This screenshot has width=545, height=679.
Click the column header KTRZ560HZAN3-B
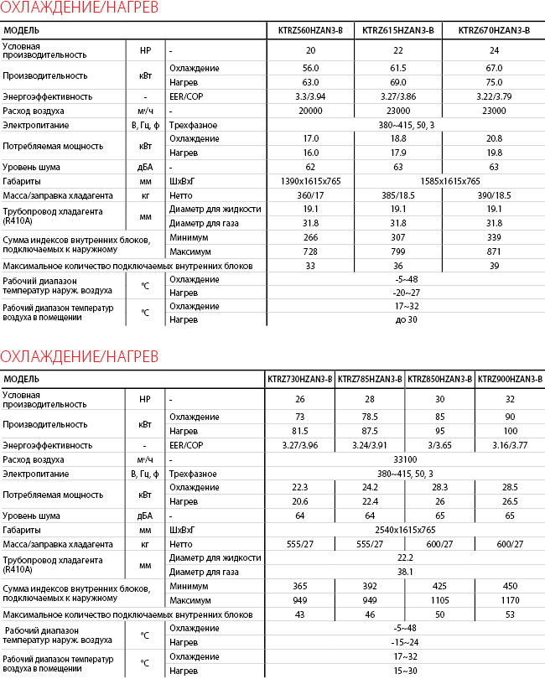pyautogui.click(x=310, y=31)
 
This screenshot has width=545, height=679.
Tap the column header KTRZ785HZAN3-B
pyautogui.click(x=370, y=379)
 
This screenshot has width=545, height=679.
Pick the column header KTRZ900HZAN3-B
pyautogui.click(x=510, y=379)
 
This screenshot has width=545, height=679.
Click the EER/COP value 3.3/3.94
pyautogui.click(x=310, y=96)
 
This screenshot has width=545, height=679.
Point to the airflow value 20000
pyautogui.click(x=310, y=111)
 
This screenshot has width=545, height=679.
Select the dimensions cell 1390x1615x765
pyautogui.click(x=310, y=181)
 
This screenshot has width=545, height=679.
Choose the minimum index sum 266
pyautogui.click(x=310, y=237)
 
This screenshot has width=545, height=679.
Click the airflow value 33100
pyautogui.click(x=405, y=459)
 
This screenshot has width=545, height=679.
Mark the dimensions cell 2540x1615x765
pyautogui.click(x=405, y=530)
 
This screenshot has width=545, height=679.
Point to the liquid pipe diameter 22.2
pyautogui.click(x=405, y=557)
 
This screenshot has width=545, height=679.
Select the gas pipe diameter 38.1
pyautogui.click(x=405, y=572)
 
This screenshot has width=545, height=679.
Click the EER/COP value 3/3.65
pyautogui.click(x=439, y=444)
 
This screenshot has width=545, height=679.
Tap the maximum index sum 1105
pyautogui.click(x=439, y=600)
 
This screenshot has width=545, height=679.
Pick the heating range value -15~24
pyautogui.click(x=405, y=642)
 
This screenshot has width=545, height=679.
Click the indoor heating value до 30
pyautogui.click(x=406, y=319)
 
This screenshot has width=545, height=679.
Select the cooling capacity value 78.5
pyautogui.click(x=370, y=417)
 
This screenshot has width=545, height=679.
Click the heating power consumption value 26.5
pyautogui.click(x=510, y=501)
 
